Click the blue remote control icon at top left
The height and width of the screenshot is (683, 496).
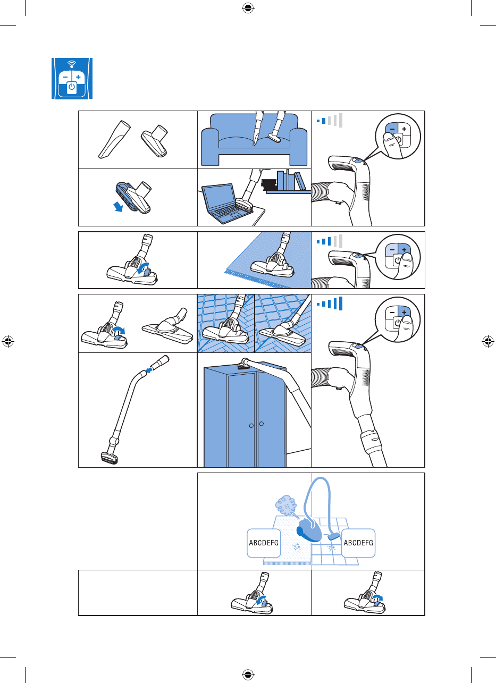pos(72,78)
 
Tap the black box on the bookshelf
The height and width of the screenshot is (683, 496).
pos(268,184)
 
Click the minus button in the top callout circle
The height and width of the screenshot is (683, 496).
pos(391,129)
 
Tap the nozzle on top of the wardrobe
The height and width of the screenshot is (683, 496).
pos(246,364)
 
